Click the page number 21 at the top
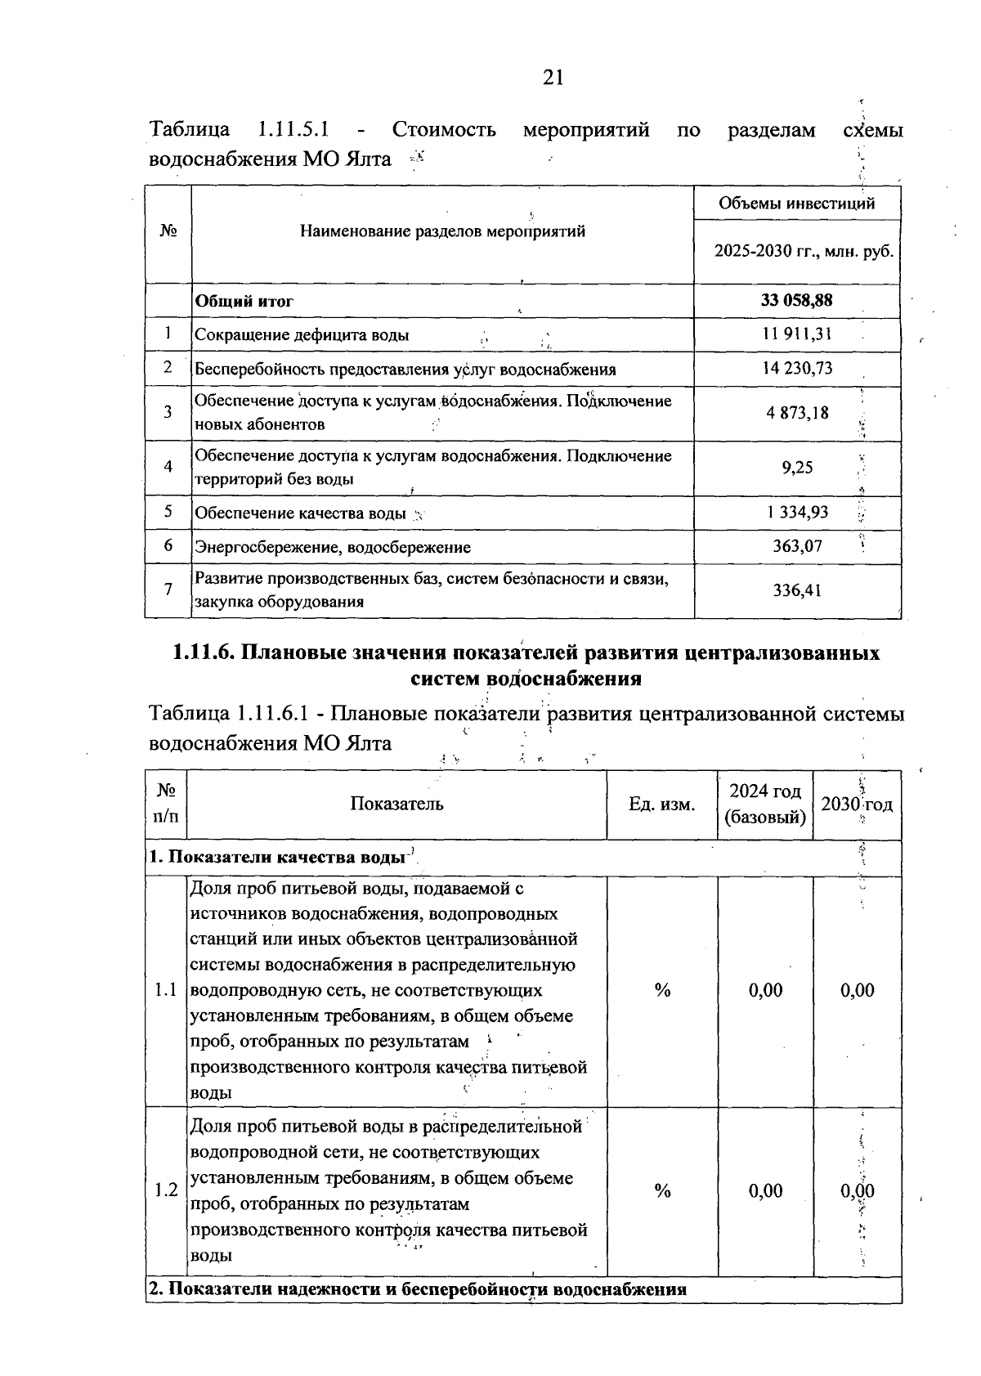pyautogui.click(x=553, y=78)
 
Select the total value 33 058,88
pyautogui.click(x=796, y=301)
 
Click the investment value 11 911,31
pyautogui.click(x=797, y=334)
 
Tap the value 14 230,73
pyautogui.click(x=797, y=368)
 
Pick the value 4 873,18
pyautogui.click(x=797, y=413)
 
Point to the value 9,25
pyautogui.click(x=797, y=468)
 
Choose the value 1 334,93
pyautogui.click(x=797, y=513)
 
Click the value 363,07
pyautogui.click(x=797, y=546)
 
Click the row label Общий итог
pyautogui.click(x=244, y=301)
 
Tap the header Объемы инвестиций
pyautogui.click(x=796, y=204)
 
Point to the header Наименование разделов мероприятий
pyautogui.click(x=442, y=231)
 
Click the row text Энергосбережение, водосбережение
pyautogui.click(x=332, y=547)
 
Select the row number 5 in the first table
pyautogui.click(x=168, y=512)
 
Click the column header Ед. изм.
pyautogui.click(x=661, y=805)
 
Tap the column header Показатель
pyautogui.click(x=396, y=804)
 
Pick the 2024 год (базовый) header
pyautogui.click(x=765, y=805)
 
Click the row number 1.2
pyautogui.click(x=166, y=1190)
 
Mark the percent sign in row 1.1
pyautogui.click(x=662, y=991)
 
